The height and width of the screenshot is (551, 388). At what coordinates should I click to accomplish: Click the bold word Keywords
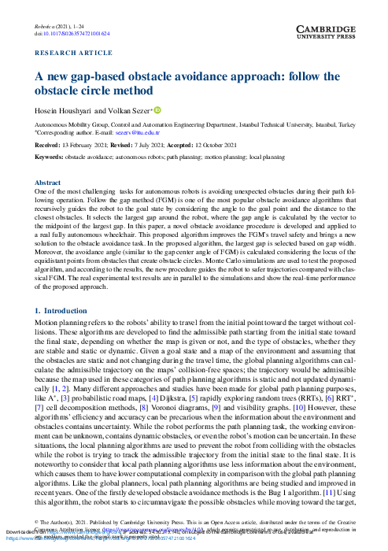coord(49,157)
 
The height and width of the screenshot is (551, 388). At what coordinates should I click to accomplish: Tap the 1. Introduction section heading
coord(67,311)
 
